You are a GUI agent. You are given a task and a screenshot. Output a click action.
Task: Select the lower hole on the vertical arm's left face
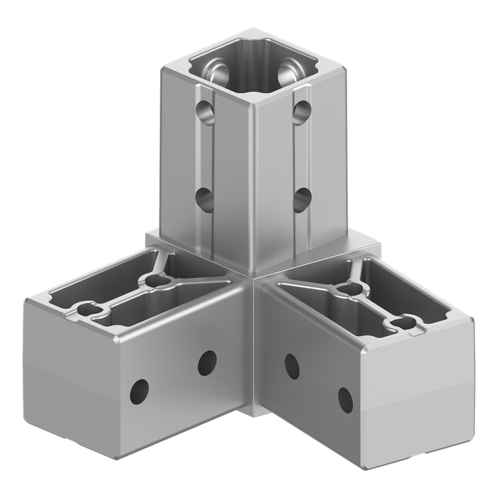click(x=204, y=200)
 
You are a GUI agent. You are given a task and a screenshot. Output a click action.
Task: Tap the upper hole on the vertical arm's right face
click(x=302, y=112)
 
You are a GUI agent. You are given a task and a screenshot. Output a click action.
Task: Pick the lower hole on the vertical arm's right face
click(x=301, y=200)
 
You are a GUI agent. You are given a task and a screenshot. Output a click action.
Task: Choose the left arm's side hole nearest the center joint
click(x=207, y=363)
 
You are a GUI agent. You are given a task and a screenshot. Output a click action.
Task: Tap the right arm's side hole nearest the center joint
click(x=292, y=367)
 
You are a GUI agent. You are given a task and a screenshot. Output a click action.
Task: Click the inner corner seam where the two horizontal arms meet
click(x=253, y=342)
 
